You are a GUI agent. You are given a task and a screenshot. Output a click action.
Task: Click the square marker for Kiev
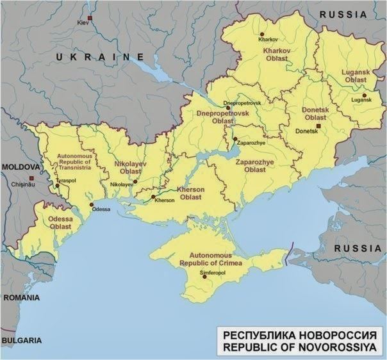(x=90, y=17)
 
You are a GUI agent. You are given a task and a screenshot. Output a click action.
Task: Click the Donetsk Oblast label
(x=315, y=114)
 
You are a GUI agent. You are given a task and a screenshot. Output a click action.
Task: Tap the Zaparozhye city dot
(x=235, y=138)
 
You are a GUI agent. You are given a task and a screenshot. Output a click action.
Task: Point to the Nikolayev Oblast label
(x=131, y=168)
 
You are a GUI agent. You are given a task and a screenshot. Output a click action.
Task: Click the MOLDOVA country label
(x=21, y=167)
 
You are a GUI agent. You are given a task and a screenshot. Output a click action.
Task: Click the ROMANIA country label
(x=21, y=298)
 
